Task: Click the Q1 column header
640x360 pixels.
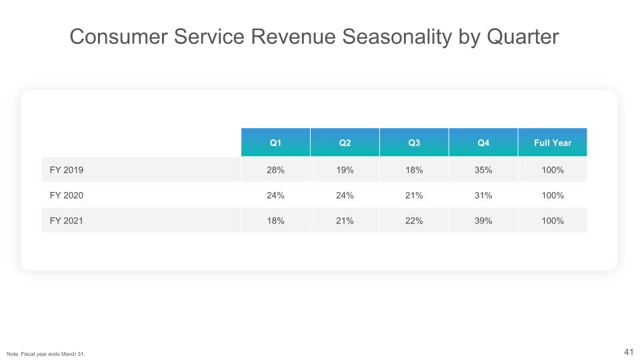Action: [275, 143]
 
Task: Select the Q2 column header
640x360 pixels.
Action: [345, 143]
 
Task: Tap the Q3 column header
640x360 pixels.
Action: [414, 143]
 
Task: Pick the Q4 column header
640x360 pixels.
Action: [483, 143]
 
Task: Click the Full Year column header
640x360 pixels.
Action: [553, 143]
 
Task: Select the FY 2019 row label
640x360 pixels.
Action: [66, 170]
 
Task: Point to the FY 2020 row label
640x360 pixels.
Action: [66, 195]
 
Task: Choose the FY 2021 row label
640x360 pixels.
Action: [66, 221]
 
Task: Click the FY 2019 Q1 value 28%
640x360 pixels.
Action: [275, 170]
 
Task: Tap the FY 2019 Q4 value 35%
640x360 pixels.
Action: [483, 170]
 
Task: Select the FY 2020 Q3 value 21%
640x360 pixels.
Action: [414, 195]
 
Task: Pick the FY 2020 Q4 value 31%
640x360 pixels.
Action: [483, 195]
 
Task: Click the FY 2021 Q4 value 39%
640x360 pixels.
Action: [483, 221]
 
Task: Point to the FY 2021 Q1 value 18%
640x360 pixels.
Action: [275, 221]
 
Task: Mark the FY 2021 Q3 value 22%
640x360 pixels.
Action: [414, 221]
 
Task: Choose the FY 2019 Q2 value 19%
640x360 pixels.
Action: [345, 170]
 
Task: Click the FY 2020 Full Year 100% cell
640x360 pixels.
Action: [553, 195]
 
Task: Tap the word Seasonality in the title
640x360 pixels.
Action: [393, 38]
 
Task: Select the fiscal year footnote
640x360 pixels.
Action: [46, 353]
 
